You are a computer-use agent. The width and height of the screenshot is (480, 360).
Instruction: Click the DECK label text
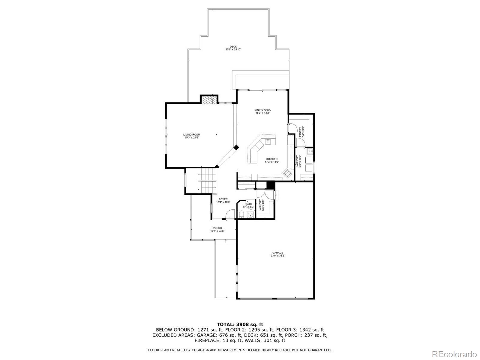[x=233, y=47]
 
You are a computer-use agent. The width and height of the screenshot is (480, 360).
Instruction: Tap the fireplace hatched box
[x=209, y=100]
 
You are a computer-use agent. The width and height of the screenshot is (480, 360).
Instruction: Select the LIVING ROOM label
[x=192, y=135]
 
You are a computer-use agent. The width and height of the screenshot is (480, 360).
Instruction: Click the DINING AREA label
[x=262, y=110]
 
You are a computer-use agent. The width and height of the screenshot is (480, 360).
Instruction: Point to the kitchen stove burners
[x=287, y=173]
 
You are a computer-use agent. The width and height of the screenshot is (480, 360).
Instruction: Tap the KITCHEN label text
[x=272, y=159]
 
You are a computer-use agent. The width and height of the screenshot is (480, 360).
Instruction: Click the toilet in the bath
[x=241, y=214]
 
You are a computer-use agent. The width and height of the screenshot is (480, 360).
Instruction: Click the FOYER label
[x=223, y=199]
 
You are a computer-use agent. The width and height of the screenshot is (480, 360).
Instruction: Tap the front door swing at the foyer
[x=229, y=214]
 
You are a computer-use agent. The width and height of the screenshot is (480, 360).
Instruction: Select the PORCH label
[x=217, y=228]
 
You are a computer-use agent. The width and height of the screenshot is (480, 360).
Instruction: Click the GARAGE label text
[x=277, y=253]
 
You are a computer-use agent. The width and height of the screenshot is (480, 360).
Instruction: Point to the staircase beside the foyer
[x=207, y=181]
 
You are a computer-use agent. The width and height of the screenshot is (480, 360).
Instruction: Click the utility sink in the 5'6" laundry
[x=310, y=151]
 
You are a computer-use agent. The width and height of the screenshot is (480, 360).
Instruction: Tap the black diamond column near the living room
[x=236, y=147]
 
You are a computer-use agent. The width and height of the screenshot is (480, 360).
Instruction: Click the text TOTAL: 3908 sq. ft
[x=240, y=324]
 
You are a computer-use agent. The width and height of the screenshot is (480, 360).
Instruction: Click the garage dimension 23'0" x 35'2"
[x=277, y=256]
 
